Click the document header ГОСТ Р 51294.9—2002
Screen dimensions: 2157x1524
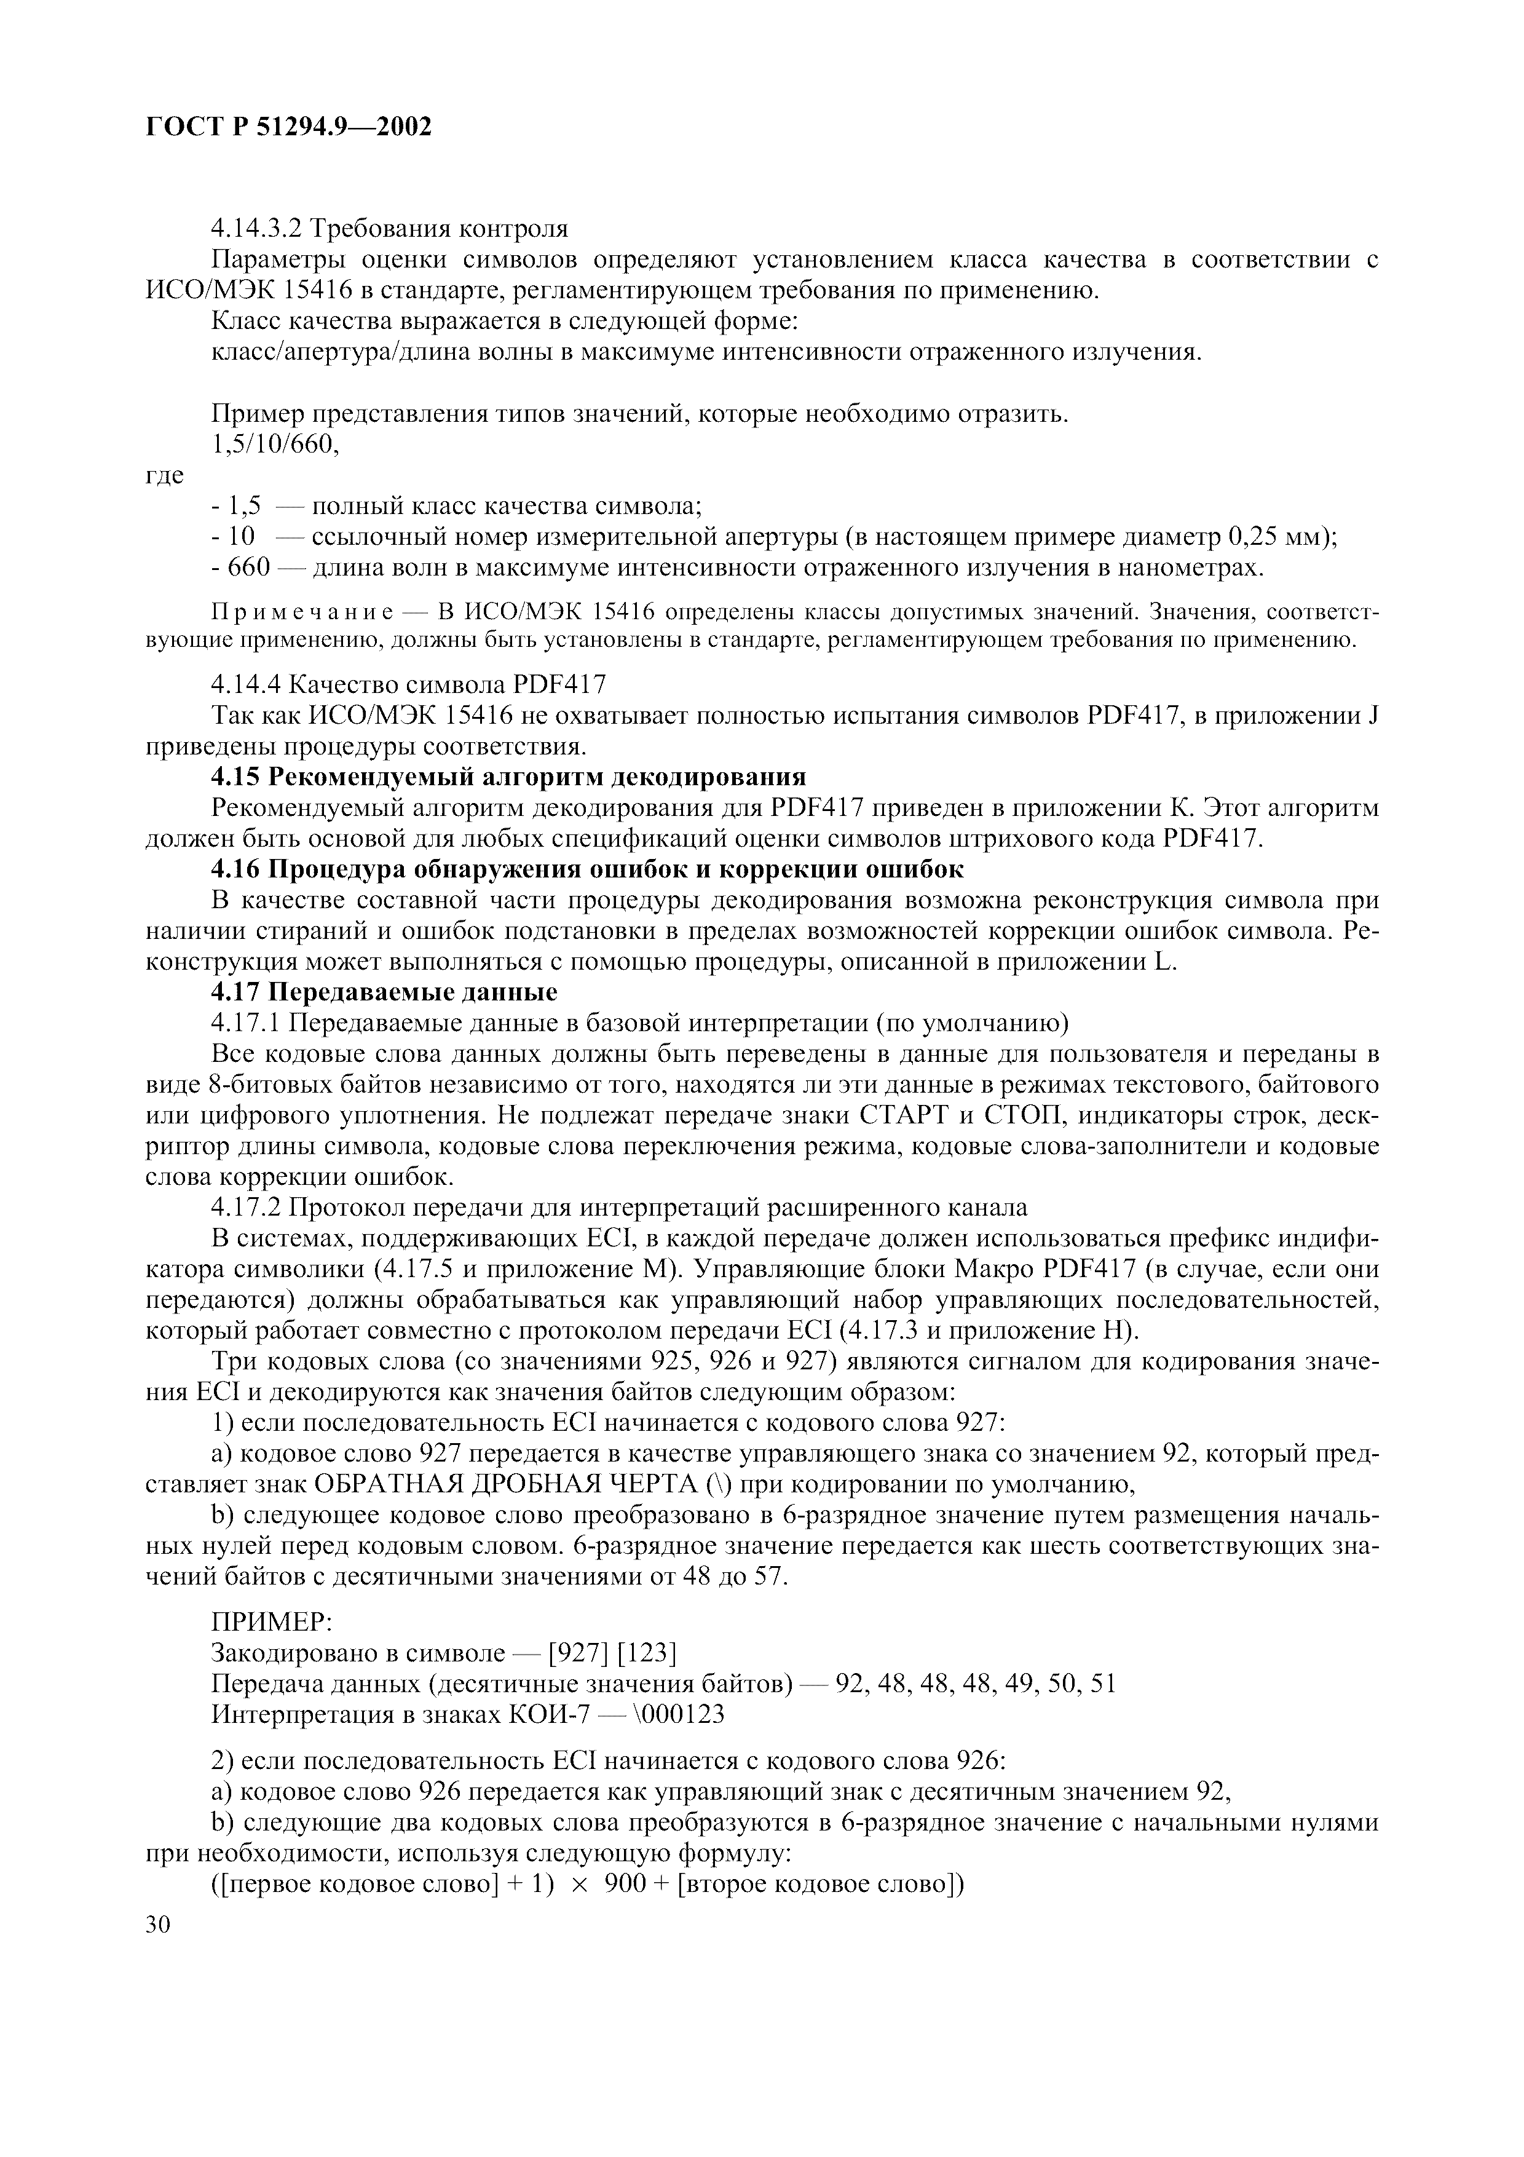point(289,126)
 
